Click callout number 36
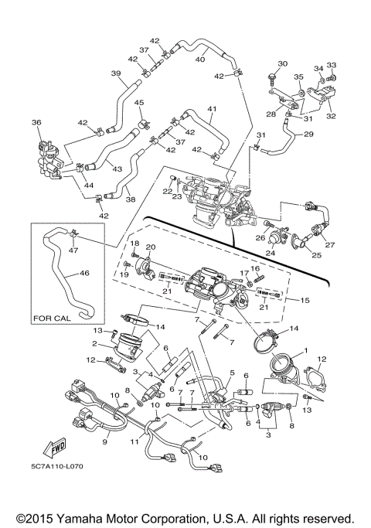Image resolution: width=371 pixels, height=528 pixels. click(36, 122)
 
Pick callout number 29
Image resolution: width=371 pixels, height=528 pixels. click(309, 135)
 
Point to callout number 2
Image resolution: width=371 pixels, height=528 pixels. click(94, 343)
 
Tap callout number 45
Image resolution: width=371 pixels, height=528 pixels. click(138, 103)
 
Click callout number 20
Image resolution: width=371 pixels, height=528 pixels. click(151, 247)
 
